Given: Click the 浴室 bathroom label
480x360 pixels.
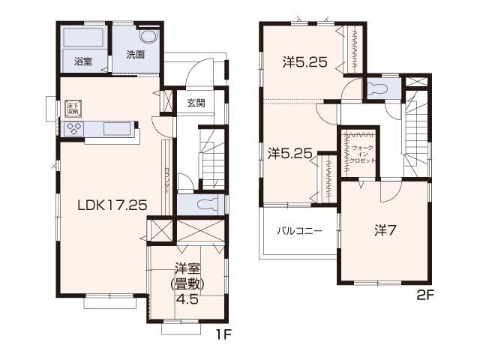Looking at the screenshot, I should click(x=82, y=61).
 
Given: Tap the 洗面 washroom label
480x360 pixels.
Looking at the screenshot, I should click(x=135, y=54).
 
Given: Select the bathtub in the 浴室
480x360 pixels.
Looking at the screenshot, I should click(x=83, y=38).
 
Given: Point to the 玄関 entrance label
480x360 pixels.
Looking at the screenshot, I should click(x=196, y=103).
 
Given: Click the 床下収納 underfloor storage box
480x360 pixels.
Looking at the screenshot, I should click(x=73, y=107).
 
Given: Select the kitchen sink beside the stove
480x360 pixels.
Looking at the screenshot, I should click(x=117, y=128).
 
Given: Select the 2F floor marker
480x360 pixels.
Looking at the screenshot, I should click(x=425, y=295).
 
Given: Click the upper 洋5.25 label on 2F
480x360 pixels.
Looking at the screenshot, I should click(x=304, y=62).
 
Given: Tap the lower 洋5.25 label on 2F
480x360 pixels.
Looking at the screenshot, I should click(x=289, y=153).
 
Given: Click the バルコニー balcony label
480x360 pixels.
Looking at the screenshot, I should click(x=299, y=230).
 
